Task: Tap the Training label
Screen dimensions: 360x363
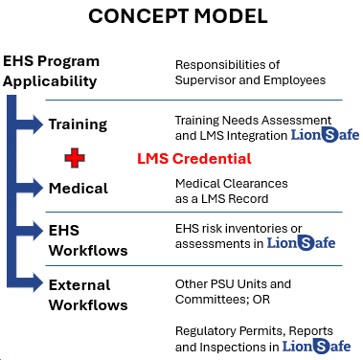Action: [x=79, y=124]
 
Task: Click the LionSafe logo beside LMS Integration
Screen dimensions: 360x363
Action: [x=325, y=134]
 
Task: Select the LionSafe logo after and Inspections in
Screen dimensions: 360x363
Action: [x=326, y=345]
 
